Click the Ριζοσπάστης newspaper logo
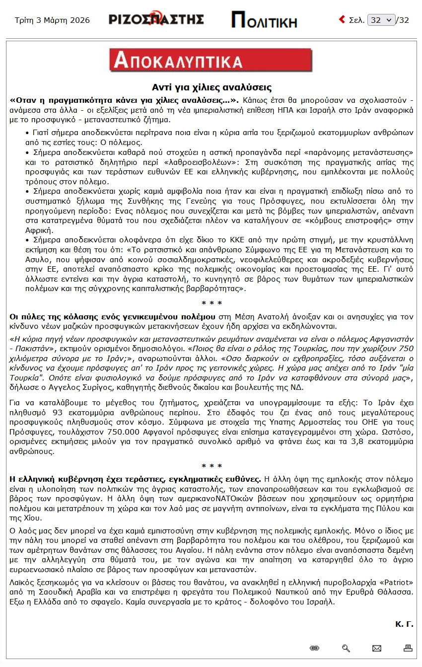pyautogui.click(x=156, y=19)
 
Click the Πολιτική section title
pyautogui.click(x=264, y=20)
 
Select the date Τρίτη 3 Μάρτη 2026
pyautogui.click(x=52, y=20)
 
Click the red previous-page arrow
pyautogui.click(x=342, y=19)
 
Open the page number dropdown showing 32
pyautogui.click(x=381, y=20)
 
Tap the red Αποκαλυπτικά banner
pyautogui.click(x=211, y=60)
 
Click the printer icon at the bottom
pyautogui.click(x=408, y=648)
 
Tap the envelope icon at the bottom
pyautogui.click(x=377, y=648)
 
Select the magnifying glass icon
pyautogui.click(x=346, y=648)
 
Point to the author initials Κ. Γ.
pyautogui.click(x=404, y=624)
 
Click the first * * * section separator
pyautogui.click(x=211, y=303)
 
